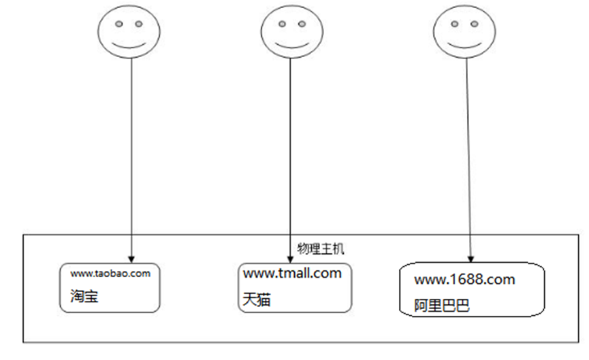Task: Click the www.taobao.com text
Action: pyautogui.click(x=110, y=274)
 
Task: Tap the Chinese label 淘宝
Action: pyautogui.click(x=80, y=297)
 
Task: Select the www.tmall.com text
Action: pyautogui.click(x=292, y=274)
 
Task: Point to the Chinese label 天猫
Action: pyautogui.click(x=255, y=299)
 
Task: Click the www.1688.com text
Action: pyautogui.click(x=464, y=279)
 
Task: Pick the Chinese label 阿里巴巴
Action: pyautogui.click(x=441, y=306)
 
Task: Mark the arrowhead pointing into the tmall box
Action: pyautogui.click(x=291, y=257)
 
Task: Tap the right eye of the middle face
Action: pyautogui.click(x=300, y=24)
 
